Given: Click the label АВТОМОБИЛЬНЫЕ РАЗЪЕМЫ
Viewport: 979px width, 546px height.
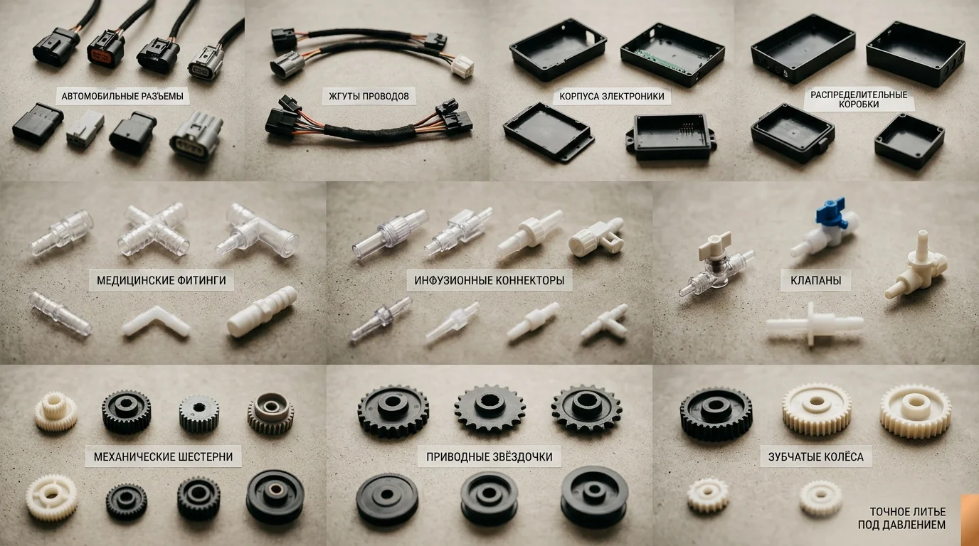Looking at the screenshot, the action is [122, 96].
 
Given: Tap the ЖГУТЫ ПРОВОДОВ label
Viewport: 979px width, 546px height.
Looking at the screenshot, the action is [369, 96].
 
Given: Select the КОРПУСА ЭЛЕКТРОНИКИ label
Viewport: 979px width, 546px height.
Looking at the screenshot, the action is [612, 97].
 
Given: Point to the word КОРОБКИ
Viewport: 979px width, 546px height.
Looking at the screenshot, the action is [858, 105].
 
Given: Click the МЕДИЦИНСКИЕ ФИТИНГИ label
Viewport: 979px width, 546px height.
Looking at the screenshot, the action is [162, 280].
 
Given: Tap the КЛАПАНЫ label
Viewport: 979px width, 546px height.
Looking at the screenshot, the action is [815, 280].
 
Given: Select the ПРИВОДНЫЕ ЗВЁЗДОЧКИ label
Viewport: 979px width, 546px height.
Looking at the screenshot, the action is [489, 457].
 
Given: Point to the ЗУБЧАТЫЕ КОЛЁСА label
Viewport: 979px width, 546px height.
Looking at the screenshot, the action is [815, 457].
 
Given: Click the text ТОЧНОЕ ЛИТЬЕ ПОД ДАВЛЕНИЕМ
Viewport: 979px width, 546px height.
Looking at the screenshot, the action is [901, 518].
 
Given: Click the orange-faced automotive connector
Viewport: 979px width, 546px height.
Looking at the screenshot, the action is [106, 48].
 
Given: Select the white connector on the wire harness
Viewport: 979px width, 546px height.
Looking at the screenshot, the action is [462, 66].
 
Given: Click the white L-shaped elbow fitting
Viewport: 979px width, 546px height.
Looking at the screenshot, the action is [156, 322].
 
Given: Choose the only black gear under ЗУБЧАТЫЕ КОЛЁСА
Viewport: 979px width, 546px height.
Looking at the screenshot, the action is [716, 414].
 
